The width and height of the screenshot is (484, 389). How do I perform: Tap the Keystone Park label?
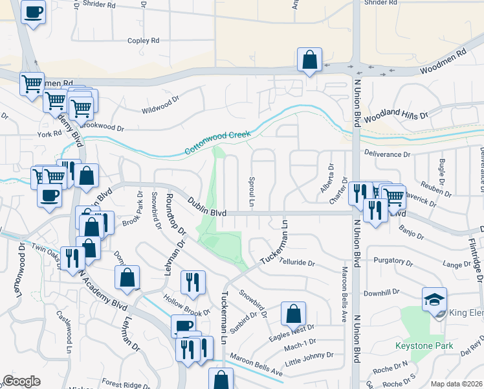[424, 346]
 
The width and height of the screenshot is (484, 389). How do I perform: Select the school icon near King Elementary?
[434, 299]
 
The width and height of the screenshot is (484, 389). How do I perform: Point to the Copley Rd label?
[143, 41]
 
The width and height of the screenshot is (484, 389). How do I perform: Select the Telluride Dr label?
[297, 264]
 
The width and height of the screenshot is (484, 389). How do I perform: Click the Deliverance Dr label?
[388, 155]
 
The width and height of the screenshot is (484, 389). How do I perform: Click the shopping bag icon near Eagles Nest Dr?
[293, 314]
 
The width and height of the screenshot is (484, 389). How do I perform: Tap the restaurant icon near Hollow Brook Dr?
[193, 282]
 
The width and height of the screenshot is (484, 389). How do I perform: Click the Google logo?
[21, 381]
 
